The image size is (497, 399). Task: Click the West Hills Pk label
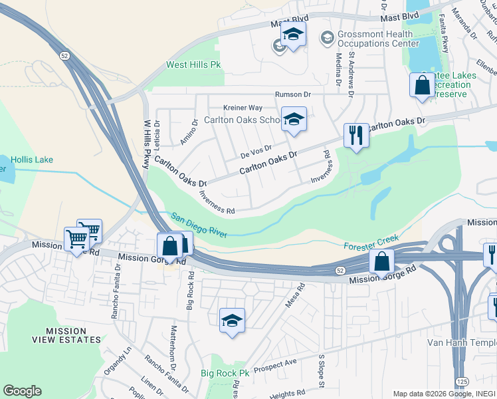click(x=193, y=65)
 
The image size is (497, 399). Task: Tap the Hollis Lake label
click(x=31, y=160)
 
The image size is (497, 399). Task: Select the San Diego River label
click(x=199, y=225)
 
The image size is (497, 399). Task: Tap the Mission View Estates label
click(x=66, y=335)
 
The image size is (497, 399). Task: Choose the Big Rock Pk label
click(x=225, y=374)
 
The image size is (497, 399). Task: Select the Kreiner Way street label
click(x=243, y=108)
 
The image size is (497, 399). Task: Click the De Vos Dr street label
click(x=256, y=152)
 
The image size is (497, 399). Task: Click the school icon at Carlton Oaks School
click(x=293, y=120)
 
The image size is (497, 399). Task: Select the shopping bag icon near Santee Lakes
click(x=422, y=85)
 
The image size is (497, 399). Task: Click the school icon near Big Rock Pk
click(x=232, y=321)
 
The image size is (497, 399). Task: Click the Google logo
click(x=22, y=391)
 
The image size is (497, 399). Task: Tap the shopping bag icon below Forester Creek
click(x=381, y=261)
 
